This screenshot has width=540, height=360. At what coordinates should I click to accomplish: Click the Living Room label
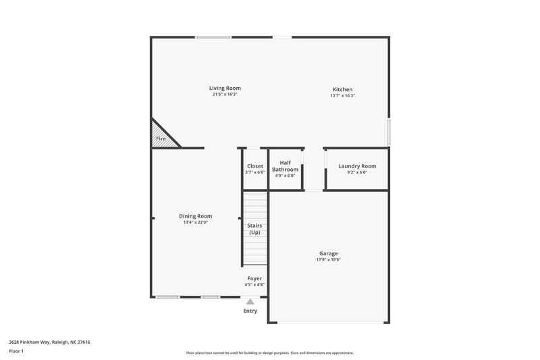(225, 88)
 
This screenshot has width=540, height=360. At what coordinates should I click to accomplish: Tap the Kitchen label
(342, 90)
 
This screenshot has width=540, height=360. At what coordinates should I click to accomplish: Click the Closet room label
(255, 166)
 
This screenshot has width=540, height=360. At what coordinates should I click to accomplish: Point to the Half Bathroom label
(285, 166)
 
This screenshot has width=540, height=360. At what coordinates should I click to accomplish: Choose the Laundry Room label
(357, 166)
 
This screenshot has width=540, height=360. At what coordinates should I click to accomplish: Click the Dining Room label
(195, 216)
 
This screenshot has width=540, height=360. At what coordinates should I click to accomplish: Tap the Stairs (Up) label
(255, 229)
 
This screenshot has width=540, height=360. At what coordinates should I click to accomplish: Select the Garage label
(329, 254)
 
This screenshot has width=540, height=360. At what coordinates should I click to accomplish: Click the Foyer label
(254, 278)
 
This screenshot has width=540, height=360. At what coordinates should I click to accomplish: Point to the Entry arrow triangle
(250, 302)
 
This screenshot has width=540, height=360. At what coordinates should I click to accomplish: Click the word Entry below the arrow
(250, 311)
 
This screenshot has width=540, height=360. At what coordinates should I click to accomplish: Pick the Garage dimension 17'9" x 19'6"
(329, 260)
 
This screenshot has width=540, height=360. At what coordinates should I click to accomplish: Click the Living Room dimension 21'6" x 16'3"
(225, 95)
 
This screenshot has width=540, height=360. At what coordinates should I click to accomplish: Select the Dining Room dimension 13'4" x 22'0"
(195, 222)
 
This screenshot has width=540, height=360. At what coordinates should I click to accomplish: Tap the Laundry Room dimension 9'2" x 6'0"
(357, 172)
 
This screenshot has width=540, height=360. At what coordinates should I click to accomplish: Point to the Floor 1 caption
(16, 352)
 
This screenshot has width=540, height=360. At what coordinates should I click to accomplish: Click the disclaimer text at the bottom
(269, 353)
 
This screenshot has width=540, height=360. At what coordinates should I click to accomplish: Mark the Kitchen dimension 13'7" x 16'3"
(342, 96)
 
